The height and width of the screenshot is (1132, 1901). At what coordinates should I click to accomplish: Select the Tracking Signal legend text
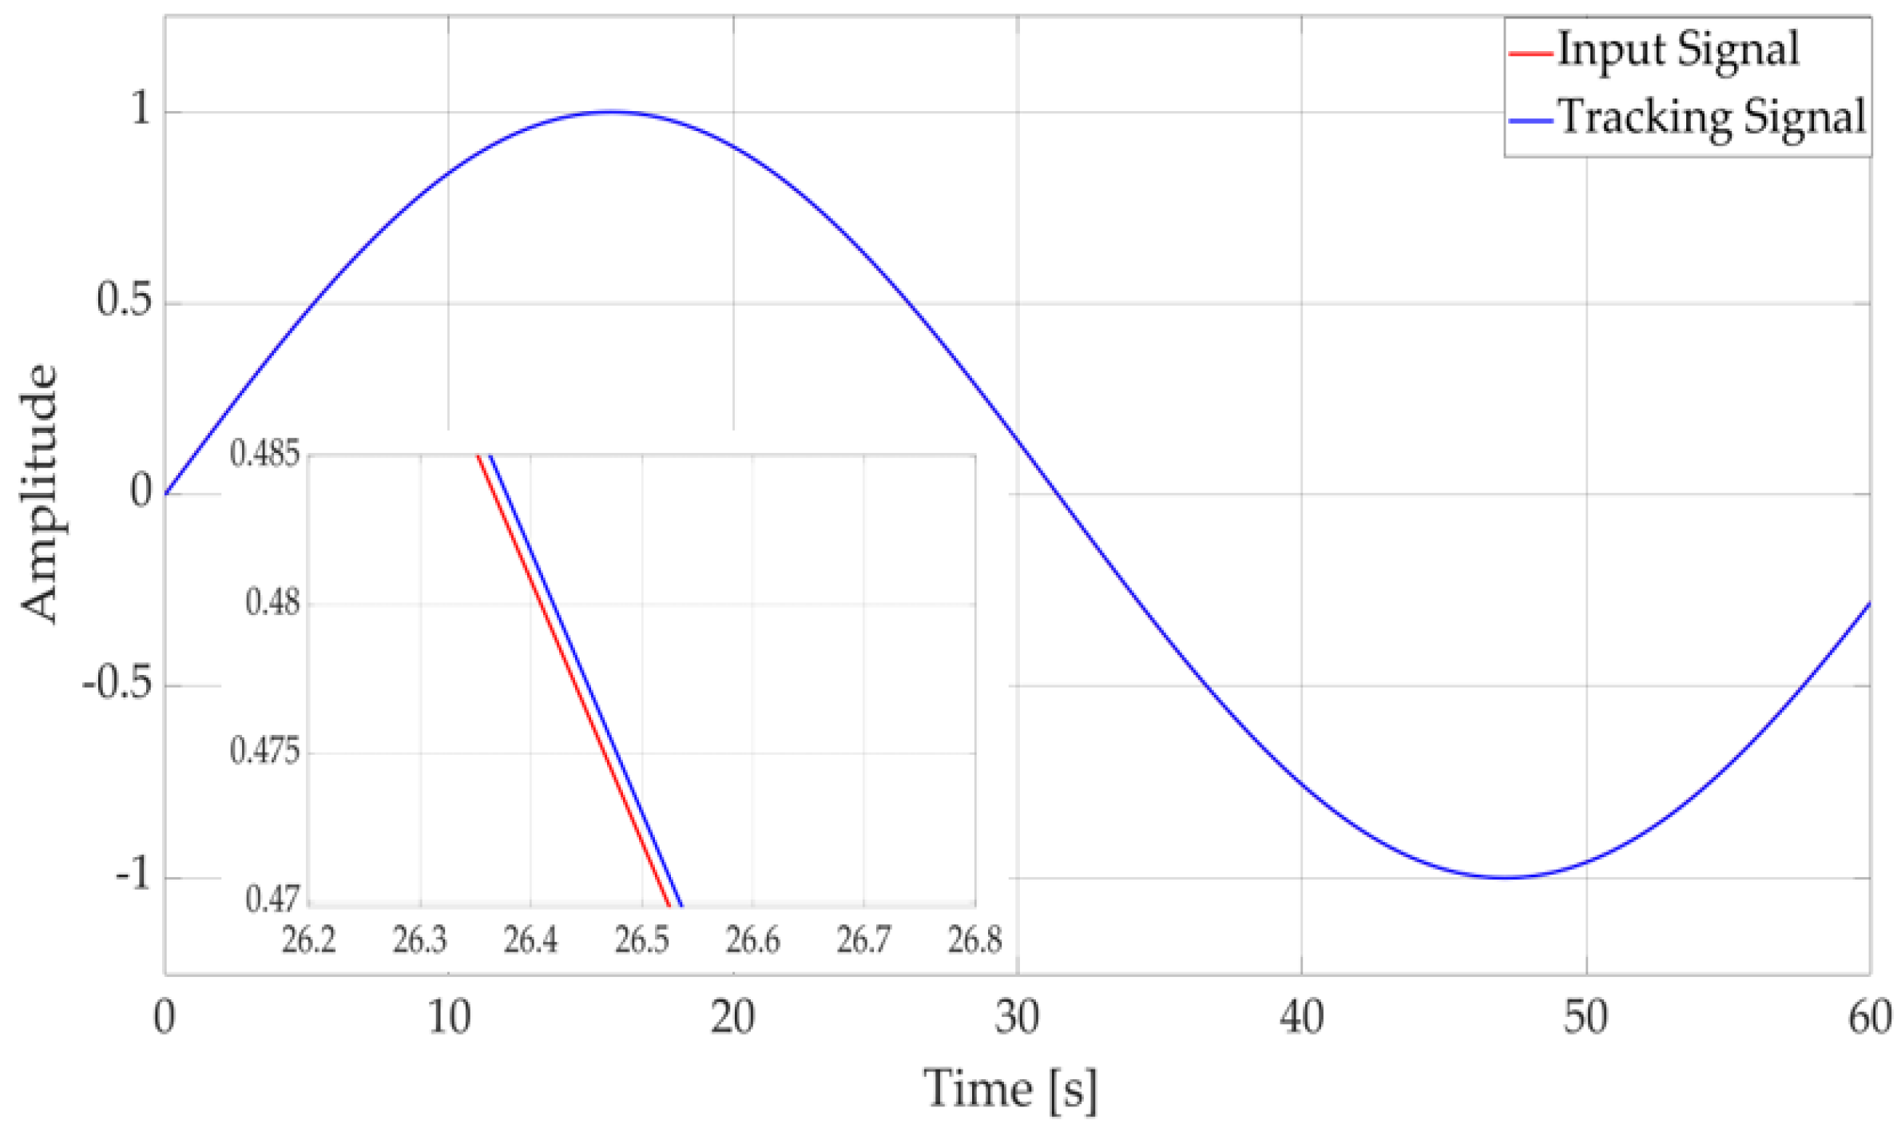pos(1712,118)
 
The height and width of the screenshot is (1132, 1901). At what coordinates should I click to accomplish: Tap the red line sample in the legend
pos(1530,54)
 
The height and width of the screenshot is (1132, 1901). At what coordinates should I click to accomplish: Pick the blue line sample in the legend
pos(1530,121)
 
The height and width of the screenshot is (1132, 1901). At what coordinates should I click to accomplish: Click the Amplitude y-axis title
pos(40,493)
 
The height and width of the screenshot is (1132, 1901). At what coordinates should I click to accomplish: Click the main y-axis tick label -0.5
pos(117,685)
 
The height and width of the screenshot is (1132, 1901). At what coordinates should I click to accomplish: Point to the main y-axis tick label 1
pos(141,109)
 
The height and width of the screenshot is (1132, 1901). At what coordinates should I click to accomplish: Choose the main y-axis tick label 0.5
pos(125,302)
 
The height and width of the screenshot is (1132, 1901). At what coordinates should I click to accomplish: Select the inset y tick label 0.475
pos(265,752)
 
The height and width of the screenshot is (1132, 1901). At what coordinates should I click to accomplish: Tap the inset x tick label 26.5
pos(641,940)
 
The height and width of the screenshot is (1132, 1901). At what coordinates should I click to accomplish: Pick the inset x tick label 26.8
pos(974,940)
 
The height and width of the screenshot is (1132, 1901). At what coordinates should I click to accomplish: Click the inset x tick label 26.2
pos(309,940)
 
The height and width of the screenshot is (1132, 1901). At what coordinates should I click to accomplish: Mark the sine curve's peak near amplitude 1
pos(612,112)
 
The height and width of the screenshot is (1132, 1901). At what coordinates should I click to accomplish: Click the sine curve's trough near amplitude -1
pos(1505,877)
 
